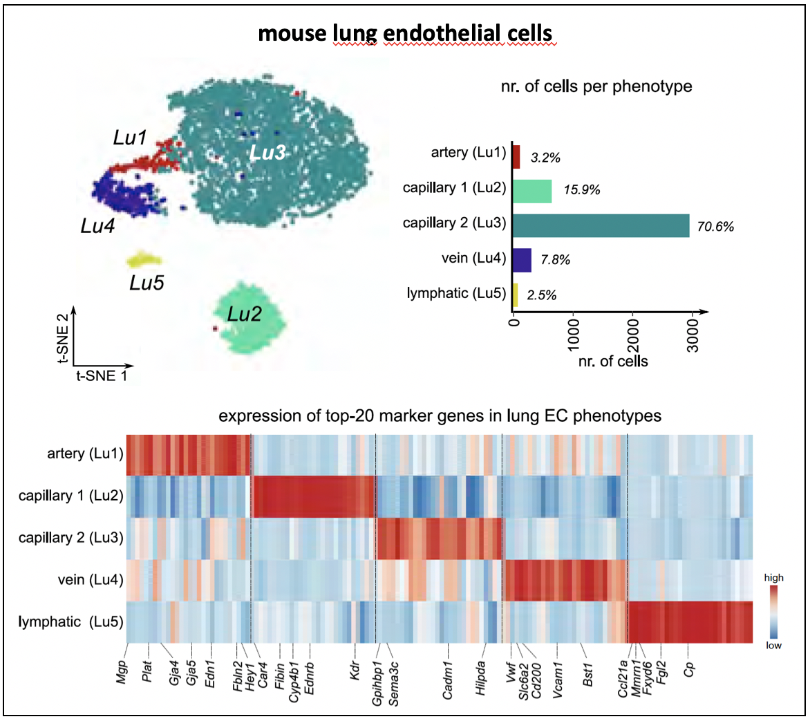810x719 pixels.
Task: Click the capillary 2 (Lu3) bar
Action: (601, 225)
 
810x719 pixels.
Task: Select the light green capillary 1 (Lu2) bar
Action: (532, 192)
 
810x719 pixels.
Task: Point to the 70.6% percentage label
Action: (715, 226)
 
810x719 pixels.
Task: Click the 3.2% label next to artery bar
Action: (545, 158)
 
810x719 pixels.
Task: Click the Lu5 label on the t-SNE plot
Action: (147, 283)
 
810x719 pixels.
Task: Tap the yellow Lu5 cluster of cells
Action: (144, 261)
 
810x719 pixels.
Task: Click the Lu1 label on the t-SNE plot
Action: (131, 138)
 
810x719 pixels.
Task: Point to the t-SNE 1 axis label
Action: (101, 376)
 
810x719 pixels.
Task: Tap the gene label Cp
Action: (688, 669)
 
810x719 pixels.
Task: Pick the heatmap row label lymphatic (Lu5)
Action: (71, 622)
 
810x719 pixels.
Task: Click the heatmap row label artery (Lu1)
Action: (85, 454)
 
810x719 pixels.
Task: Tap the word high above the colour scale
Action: (773, 577)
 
